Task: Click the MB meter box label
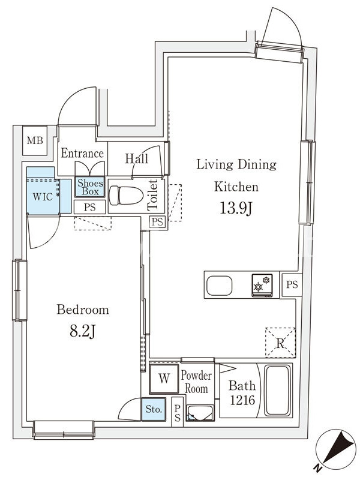coord(35,140)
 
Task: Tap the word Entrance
coord(82,153)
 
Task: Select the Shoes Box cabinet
coord(90,187)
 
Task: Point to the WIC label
coord(43,197)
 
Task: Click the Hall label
coord(137,158)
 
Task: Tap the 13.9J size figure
coord(236,209)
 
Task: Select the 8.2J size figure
coord(83,331)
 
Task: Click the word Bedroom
coord(83,310)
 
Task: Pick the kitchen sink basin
coord(219,286)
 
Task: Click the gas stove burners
coord(262,285)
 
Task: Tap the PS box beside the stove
coord(292,284)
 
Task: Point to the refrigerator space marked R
coord(280,343)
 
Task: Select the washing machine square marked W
coord(164,379)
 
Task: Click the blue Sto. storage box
coord(154,409)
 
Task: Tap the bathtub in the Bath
coord(277,391)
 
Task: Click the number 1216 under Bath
coord(242,400)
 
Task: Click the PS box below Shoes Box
coord(89,207)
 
